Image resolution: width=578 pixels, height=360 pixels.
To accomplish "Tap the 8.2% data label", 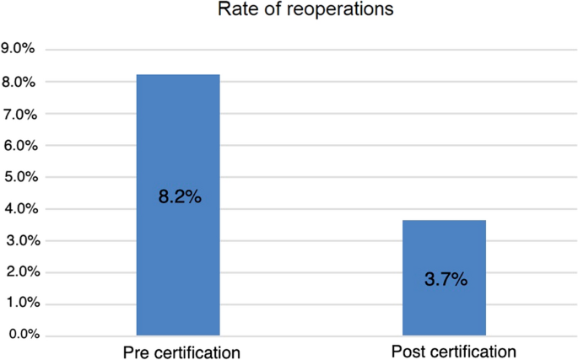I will [179, 199].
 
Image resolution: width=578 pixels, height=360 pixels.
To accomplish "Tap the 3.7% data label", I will [445, 279].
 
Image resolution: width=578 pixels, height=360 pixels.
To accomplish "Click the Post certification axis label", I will [453, 350].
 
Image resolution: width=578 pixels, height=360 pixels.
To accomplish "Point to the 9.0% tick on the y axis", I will [18, 50].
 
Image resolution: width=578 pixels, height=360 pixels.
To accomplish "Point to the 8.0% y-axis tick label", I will [18, 82].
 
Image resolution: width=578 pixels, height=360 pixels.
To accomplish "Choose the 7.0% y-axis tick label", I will [18, 113].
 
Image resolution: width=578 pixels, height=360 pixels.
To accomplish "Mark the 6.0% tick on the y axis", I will [18, 145].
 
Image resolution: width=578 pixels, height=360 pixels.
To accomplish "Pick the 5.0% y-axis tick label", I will [18, 176].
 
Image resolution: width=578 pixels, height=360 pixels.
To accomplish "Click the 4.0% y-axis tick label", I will [18, 208].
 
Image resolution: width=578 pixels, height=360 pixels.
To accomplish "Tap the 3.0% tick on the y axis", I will [18, 240].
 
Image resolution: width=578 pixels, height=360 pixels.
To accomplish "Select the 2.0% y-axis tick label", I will [18, 271].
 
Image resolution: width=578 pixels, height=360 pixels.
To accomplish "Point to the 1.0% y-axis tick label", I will [18, 304].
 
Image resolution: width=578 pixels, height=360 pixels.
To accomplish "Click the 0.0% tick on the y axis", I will [18, 335].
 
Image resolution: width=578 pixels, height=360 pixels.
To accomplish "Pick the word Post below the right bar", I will [408, 350].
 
